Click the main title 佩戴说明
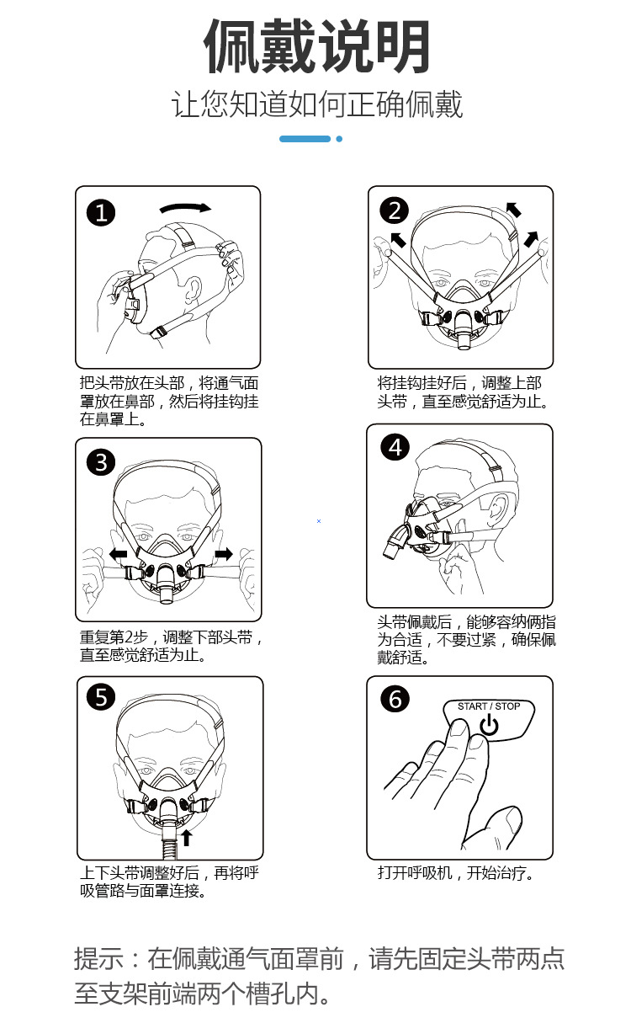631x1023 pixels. [317, 46]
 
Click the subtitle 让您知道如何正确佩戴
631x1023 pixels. [317, 105]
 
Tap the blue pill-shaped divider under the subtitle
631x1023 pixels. [305, 138]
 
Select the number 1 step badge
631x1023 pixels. [102, 213]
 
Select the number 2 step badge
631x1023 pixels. [394, 210]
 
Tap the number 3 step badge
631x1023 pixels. [102, 461]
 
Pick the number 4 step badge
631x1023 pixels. [395, 447]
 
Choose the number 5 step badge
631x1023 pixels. [102, 697]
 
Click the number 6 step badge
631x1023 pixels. [395, 699]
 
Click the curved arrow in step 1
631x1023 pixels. [185, 207]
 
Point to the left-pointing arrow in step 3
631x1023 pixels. [118, 554]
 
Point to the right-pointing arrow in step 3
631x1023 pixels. [224, 553]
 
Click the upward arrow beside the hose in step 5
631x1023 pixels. [186, 837]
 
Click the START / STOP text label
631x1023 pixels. [488, 706]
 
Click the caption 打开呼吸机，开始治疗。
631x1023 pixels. [456, 872]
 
